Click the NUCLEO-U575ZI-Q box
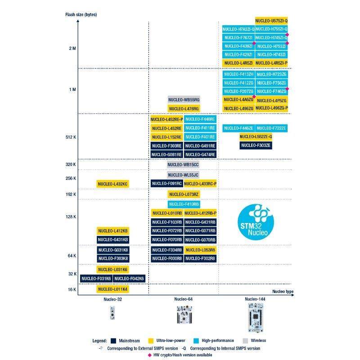[271, 21]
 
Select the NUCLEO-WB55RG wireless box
[184, 99]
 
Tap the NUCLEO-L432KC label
[113, 184]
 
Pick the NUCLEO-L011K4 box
[113, 289]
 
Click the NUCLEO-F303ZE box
[256, 145]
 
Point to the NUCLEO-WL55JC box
[184, 175]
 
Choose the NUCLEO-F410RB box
[184, 204]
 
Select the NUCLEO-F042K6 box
[129, 279]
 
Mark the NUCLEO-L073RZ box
[184, 194]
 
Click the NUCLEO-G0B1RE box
[166, 154]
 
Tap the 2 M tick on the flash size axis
[72, 48]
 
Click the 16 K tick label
[72, 289]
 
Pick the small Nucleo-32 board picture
[112, 313]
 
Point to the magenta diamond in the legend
[149, 355]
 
